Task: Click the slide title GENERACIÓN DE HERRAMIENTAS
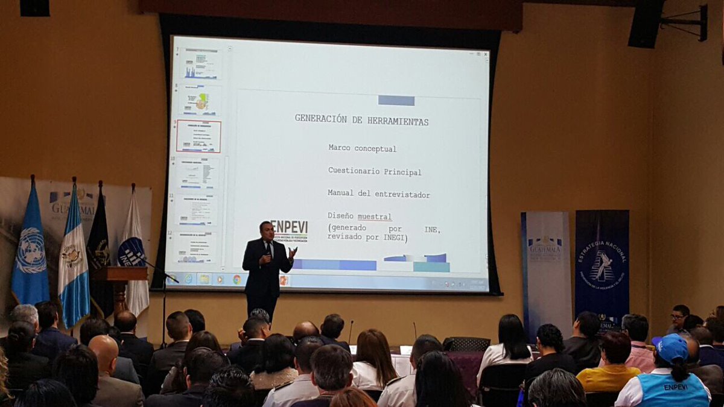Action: (361, 120)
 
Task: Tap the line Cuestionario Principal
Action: (375, 171)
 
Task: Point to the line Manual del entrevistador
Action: (378, 194)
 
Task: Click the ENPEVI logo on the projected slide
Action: (289, 229)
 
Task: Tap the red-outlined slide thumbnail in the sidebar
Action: (198, 136)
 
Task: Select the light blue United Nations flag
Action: (30, 250)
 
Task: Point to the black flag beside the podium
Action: (99, 241)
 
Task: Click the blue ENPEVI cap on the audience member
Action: (671, 347)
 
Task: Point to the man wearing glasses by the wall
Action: (679, 318)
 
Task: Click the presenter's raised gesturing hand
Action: (293, 253)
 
